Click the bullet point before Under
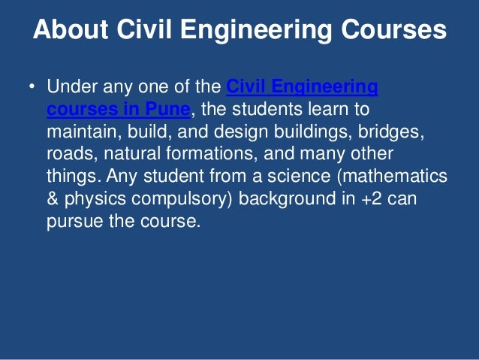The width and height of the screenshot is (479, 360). tap(32, 89)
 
